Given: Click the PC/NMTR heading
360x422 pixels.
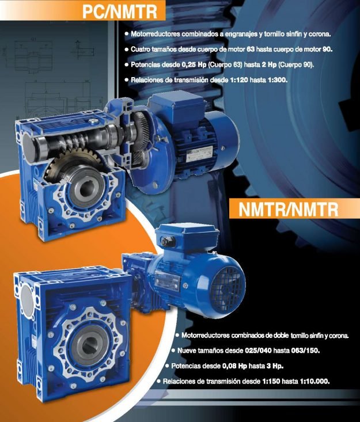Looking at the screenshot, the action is click(x=120, y=12).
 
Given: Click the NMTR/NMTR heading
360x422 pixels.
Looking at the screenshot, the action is click(x=288, y=209).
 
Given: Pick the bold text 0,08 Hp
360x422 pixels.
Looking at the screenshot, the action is click(x=234, y=366).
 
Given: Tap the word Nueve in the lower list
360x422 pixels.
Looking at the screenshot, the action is click(x=187, y=351).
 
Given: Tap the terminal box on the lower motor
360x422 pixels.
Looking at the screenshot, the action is click(x=187, y=235).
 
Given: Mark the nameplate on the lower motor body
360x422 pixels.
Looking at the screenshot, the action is click(x=167, y=283).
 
